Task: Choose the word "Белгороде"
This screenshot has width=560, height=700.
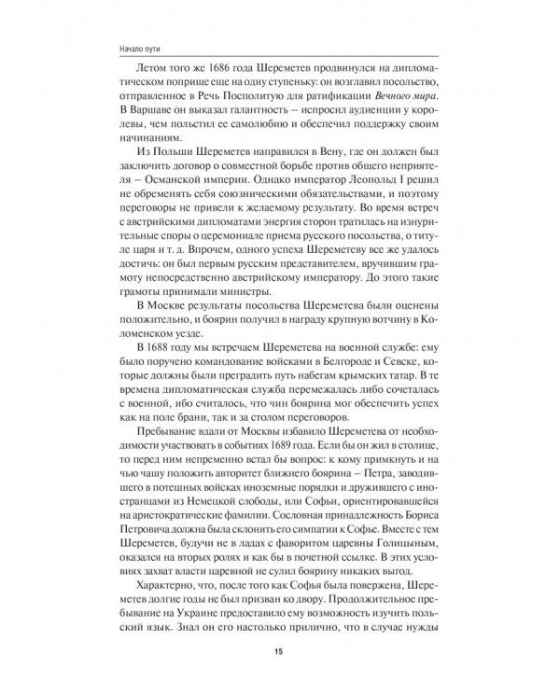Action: tap(372, 379)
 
